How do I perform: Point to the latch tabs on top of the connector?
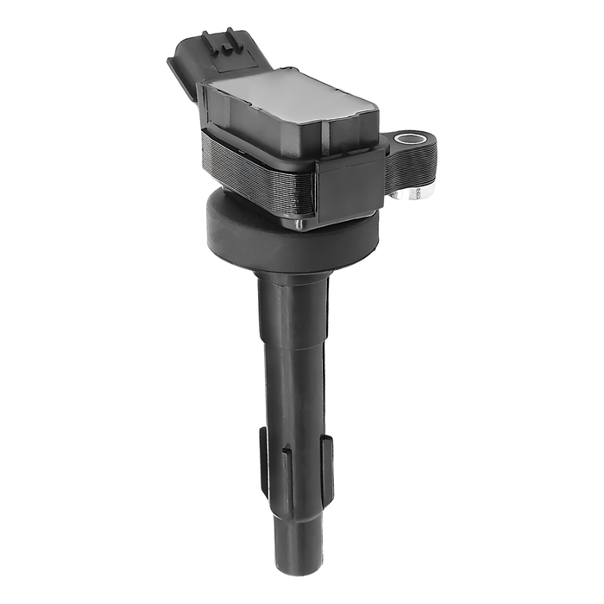pyautogui.click(x=219, y=38)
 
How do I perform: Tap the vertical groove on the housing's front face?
pyautogui.click(x=324, y=137)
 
